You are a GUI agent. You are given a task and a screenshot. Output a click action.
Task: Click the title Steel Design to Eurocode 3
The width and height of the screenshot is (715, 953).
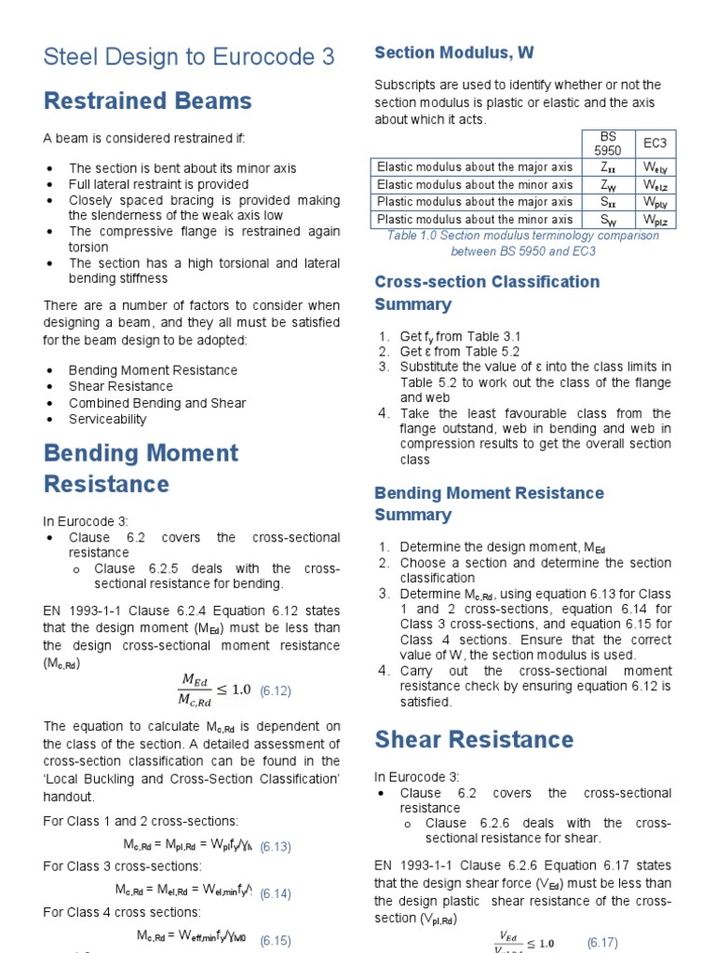coord(189,57)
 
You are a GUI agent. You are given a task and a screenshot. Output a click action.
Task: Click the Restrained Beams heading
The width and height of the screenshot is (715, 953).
coord(147,101)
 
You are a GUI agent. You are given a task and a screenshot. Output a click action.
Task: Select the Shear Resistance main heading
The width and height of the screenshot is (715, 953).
coord(474,740)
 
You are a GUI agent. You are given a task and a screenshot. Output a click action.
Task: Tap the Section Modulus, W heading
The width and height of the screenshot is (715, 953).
coord(453,52)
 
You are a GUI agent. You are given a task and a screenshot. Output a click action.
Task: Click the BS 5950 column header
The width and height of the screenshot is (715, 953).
coord(606,143)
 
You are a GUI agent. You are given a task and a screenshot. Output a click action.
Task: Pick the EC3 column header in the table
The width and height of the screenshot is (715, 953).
coord(654,143)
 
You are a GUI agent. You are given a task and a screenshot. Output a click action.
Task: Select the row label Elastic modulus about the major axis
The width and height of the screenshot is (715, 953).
coord(475,168)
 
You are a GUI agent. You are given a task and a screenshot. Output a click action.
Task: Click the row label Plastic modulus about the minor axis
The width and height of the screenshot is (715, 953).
coord(475,220)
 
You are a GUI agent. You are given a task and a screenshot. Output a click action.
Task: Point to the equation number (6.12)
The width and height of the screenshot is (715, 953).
coord(276,691)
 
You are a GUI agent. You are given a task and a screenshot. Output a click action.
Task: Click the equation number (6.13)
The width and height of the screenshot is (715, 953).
coord(276,847)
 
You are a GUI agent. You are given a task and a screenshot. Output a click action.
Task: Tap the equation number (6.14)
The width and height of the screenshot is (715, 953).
coord(276,893)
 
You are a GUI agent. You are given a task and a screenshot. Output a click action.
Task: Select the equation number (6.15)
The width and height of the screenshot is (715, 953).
coord(276,940)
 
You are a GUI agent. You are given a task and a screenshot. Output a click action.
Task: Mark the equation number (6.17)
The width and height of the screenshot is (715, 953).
coord(602,943)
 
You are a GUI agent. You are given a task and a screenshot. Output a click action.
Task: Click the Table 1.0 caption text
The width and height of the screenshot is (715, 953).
coord(522,243)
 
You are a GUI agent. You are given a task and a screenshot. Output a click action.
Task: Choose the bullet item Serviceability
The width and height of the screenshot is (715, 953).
coord(108,420)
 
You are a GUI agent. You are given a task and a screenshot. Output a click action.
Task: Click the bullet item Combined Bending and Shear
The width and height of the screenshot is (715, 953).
coord(157,403)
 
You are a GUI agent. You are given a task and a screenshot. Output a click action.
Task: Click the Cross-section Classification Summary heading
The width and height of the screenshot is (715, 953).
coord(487,292)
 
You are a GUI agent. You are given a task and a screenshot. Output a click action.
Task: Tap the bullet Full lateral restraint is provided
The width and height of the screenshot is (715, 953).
coord(158,184)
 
